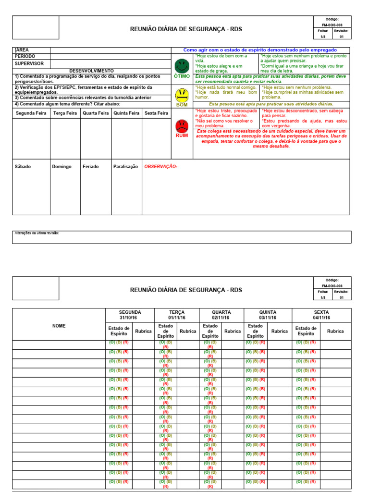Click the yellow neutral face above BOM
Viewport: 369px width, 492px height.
[x=182, y=94]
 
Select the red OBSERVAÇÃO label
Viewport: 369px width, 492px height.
[x=161, y=166]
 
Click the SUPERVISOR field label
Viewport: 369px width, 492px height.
[x=29, y=63]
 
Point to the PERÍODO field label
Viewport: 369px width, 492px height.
[x=25, y=56]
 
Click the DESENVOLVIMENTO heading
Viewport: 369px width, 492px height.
[x=92, y=71]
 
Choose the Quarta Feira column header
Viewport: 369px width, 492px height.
[x=96, y=113]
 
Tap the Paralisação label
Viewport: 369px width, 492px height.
[x=125, y=166]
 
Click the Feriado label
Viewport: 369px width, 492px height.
[x=90, y=166]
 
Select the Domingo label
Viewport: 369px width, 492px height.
[x=61, y=166]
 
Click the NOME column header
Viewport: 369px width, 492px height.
[x=59, y=326]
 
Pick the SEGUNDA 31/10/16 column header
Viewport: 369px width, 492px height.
[x=130, y=315]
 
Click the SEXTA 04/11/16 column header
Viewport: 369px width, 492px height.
[x=321, y=315]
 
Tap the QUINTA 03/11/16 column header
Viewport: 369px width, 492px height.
[x=268, y=315]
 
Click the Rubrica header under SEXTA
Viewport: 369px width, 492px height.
[x=335, y=331]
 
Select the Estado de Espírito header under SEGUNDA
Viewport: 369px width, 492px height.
[x=119, y=331]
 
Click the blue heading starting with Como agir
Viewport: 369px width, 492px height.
[x=260, y=50]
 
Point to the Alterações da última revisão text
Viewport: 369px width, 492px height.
[x=37, y=233]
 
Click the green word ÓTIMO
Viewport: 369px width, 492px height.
[x=182, y=76]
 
